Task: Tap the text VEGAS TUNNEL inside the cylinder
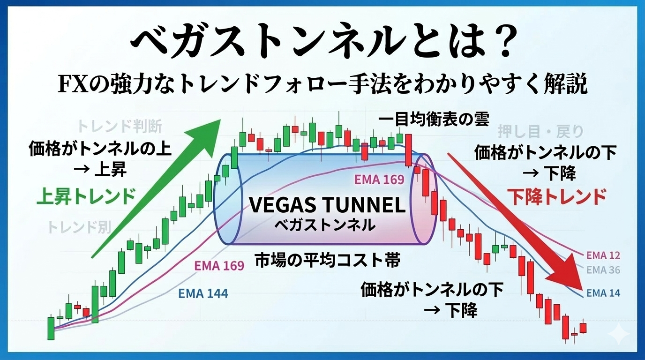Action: click(327, 205)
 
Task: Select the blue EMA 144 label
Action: click(203, 293)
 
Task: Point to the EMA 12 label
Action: click(603, 255)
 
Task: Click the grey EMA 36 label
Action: click(603, 270)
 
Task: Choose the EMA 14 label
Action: click(603, 293)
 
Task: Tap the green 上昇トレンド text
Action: click(86, 196)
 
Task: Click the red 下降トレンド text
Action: click(556, 197)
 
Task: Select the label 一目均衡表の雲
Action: click(434, 120)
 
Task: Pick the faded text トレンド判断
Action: click(120, 127)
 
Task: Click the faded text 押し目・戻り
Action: click(540, 132)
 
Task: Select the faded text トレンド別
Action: click(79, 227)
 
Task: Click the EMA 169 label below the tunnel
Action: click(219, 265)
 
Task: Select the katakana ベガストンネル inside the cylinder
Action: click(325, 225)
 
